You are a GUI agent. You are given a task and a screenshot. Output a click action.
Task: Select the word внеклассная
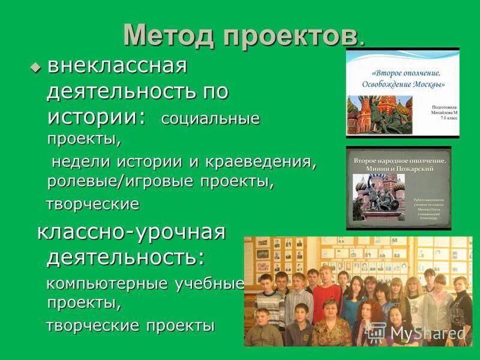click(117, 67)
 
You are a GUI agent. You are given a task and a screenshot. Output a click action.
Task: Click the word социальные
click(210, 118)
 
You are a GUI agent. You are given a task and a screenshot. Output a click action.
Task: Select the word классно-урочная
click(131, 233)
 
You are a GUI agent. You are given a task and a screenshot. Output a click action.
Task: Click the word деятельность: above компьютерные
click(125, 257)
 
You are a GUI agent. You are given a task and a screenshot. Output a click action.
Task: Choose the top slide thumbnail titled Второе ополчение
click(402, 93)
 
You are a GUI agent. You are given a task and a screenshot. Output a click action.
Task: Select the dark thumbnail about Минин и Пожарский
click(398, 187)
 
